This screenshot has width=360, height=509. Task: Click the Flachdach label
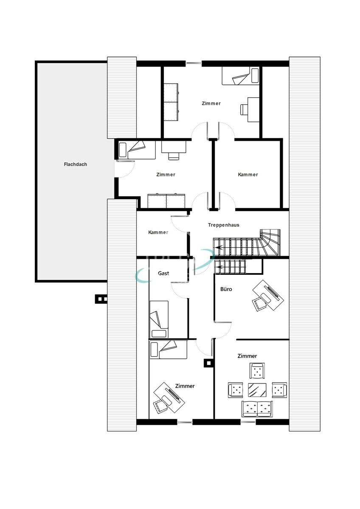click(75, 164)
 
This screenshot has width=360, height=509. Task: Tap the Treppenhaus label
click(223, 225)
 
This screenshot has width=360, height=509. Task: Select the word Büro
click(226, 289)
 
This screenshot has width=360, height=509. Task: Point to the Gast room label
click(163, 273)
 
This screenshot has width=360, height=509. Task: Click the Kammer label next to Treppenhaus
click(158, 232)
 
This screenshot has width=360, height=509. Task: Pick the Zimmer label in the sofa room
click(247, 356)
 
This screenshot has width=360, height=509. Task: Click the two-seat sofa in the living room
click(257, 408)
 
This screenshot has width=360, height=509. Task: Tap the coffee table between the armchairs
click(257, 389)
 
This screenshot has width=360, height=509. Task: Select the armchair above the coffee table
click(257, 371)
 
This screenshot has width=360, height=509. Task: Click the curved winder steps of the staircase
click(270, 242)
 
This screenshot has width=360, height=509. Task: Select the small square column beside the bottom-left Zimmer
click(208, 363)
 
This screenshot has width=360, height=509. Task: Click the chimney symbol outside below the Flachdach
click(101, 299)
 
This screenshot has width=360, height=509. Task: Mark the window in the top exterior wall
click(194, 64)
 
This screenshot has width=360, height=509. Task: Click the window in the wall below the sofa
click(248, 422)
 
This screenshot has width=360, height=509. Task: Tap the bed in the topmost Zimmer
click(241, 76)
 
